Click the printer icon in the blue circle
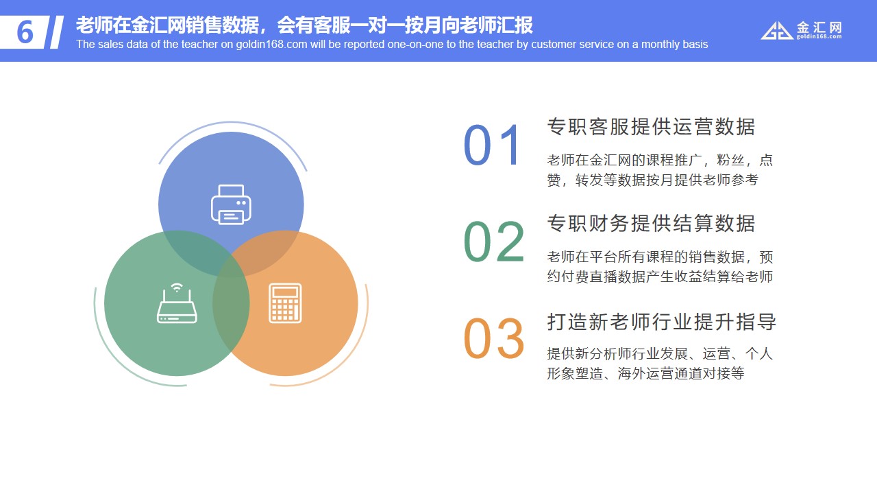pyautogui.click(x=231, y=204)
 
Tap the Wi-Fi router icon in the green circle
pyautogui.click(x=177, y=303)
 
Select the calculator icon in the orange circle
pyautogui.click(x=285, y=303)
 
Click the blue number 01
pyautogui.click(x=492, y=145)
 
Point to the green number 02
pyautogui.click(x=494, y=242)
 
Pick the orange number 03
pyautogui.click(x=494, y=338)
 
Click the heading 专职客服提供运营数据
pyautogui.click(x=651, y=127)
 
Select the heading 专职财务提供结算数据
pyautogui.click(x=651, y=224)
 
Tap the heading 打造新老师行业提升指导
pyautogui.click(x=661, y=322)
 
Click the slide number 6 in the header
pyautogui.click(x=25, y=32)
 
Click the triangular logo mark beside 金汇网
pyautogui.click(x=777, y=31)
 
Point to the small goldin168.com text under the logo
pyautogui.click(x=819, y=36)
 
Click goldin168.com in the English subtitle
pyautogui.click(x=271, y=45)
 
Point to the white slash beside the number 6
pyautogui.click(x=57, y=32)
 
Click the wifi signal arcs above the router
pyautogui.click(x=177, y=287)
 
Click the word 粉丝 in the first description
pyautogui.click(x=730, y=160)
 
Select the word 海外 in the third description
pyautogui.click(x=631, y=373)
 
